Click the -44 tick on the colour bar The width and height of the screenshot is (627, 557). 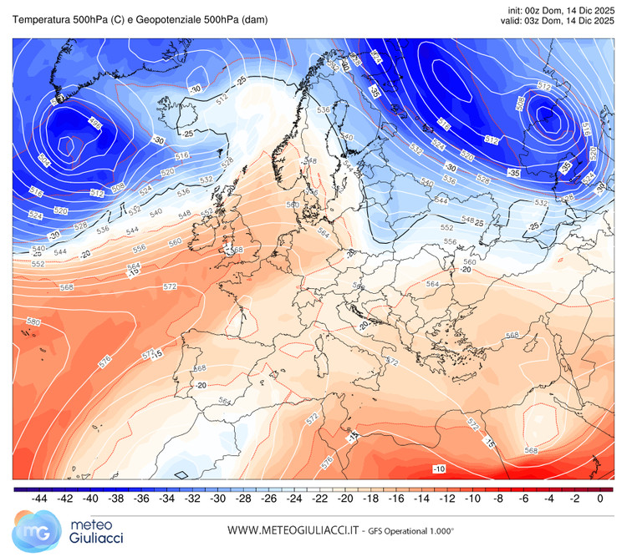point(38,499)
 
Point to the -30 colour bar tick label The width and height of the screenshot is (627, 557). point(219,499)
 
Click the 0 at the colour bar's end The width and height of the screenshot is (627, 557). point(600,499)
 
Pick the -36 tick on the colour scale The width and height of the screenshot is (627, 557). point(141,499)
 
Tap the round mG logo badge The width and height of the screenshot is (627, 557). point(31,531)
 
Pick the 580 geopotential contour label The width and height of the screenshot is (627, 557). point(33,322)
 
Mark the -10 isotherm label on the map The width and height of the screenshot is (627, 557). point(439,469)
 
